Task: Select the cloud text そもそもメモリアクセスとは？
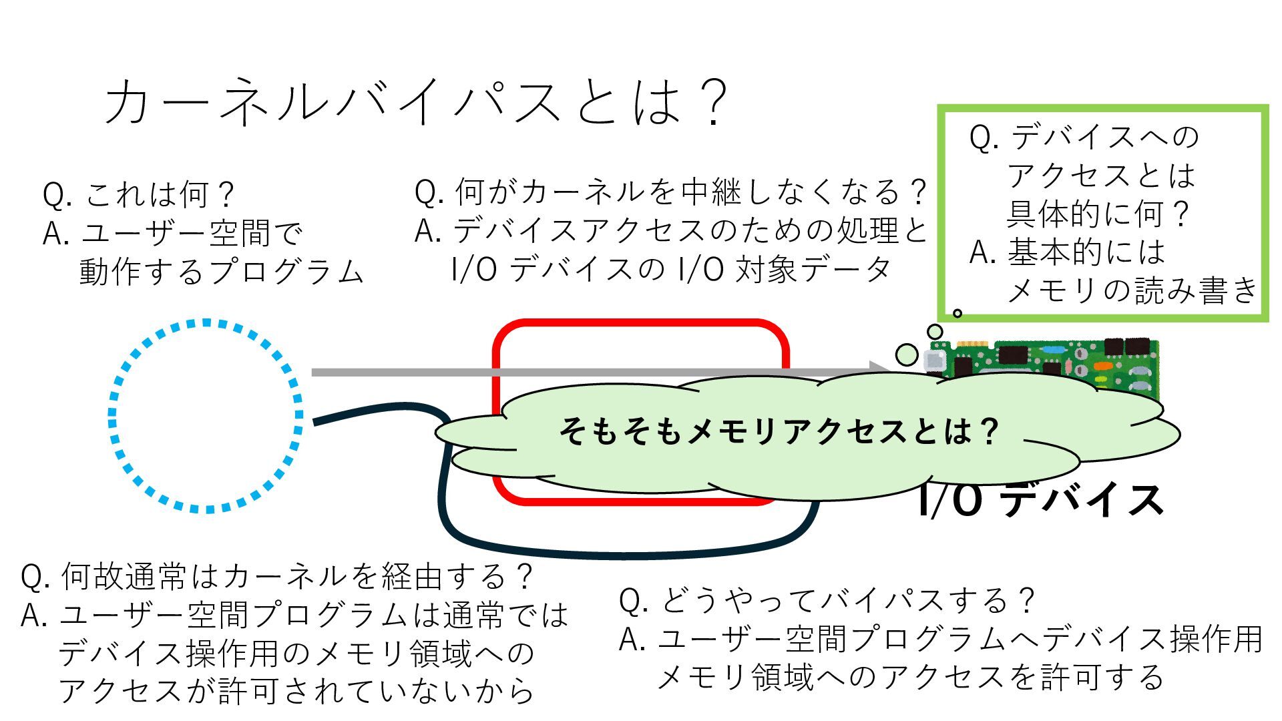pos(778,431)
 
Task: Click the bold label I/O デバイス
pos(1040,501)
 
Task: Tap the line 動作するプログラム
pos(220,272)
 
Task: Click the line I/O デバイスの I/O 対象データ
pos(670,270)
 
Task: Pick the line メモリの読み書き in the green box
pos(1131,290)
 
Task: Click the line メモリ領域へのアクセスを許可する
pos(911,678)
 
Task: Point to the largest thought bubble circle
pos(906,354)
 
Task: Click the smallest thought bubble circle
pos(957,313)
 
